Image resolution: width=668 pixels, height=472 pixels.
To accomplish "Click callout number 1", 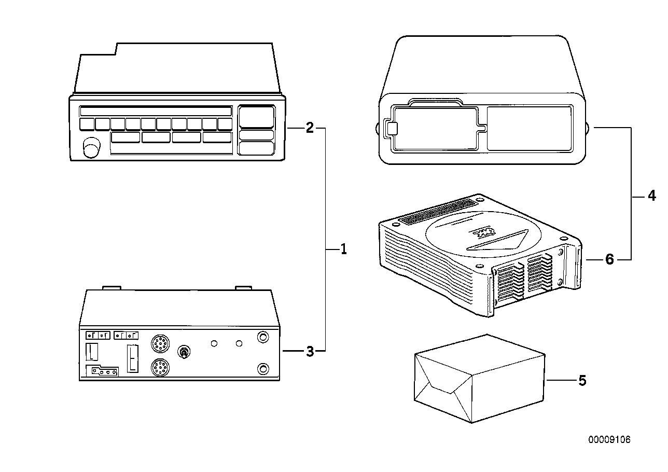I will pyautogui.click(x=343, y=249).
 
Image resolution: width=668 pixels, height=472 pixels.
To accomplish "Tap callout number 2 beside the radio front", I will pyautogui.click(x=310, y=128).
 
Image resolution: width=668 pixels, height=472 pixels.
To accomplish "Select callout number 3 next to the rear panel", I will pyautogui.click(x=310, y=351).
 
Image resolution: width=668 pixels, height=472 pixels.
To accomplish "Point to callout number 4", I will pyautogui.click(x=651, y=196).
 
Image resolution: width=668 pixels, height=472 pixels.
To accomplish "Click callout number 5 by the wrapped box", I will pyautogui.click(x=582, y=381).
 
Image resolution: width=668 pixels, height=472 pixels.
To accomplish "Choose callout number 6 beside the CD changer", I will pyautogui.click(x=609, y=259).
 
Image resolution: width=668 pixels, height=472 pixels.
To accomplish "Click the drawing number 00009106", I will pyautogui.click(x=609, y=440).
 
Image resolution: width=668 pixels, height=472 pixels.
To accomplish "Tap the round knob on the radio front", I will pyautogui.click(x=92, y=147).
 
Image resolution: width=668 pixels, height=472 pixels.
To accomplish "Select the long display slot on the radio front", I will pyautogui.click(x=156, y=112).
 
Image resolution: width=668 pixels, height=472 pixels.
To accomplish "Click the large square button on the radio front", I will pyautogui.click(x=256, y=117).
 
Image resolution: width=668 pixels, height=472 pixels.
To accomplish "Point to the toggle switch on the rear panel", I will pyautogui.click(x=183, y=353).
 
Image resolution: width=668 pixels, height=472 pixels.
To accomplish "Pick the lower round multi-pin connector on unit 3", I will pyautogui.click(x=160, y=369).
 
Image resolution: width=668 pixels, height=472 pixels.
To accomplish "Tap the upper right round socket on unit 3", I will pyautogui.click(x=263, y=337).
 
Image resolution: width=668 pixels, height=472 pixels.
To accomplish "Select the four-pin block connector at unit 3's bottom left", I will pyautogui.click(x=102, y=371).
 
